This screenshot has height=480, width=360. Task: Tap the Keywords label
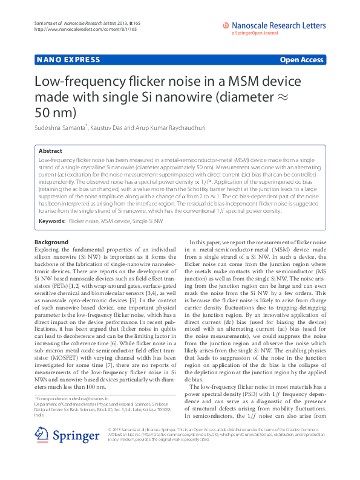(51, 222)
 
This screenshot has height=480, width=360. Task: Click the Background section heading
(51, 242)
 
